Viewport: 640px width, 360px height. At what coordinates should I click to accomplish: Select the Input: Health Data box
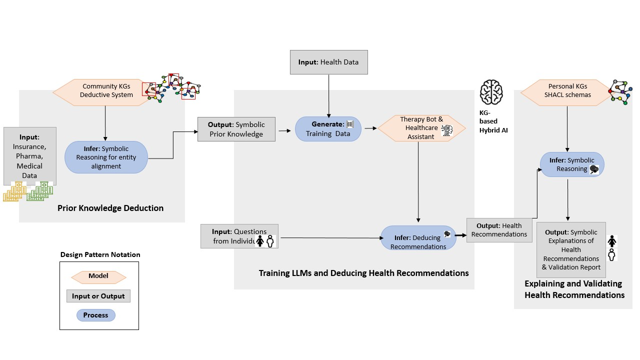[x=328, y=62]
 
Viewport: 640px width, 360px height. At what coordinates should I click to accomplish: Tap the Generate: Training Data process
[x=328, y=129]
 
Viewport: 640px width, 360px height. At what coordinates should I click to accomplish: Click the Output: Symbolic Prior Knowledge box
[x=236, y=129]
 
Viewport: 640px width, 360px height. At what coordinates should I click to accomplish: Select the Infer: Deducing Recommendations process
[x=418, y=238]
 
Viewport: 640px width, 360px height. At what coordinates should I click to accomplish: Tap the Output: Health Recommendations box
[x=499, y=230]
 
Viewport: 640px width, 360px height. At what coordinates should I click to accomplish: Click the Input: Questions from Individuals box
[x=239, y=236]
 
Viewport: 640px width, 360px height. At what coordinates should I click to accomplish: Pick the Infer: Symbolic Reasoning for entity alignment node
[x=106, y=157]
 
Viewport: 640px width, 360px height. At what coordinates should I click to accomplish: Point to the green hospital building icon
[x=40, y=191]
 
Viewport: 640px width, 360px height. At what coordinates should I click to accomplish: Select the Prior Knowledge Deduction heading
[x=110, y=208]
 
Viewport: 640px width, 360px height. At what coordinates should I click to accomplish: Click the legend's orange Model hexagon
[x=98, y=276]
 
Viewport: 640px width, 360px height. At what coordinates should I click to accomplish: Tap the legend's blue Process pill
[x=95, y=315]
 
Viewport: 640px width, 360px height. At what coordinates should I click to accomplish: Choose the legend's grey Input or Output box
[x=98, y=296]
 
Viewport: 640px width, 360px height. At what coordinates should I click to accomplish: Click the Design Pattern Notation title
[x=100, y=254]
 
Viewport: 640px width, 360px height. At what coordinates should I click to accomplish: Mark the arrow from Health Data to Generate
[x=328, y=95]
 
